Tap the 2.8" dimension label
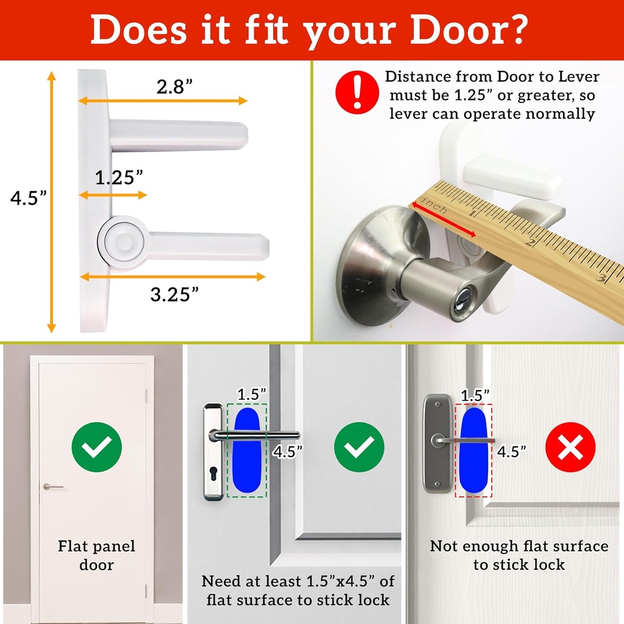(174, 87)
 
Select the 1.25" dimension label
(119, 177)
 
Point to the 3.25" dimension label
(174, 294)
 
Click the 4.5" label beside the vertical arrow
(28, 199)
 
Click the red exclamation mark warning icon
(356, 92)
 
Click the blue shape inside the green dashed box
(246, 450)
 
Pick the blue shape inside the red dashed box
(473, 450)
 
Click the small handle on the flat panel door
(53, 486)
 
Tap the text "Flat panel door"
(96, 555)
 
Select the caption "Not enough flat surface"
(519, 546)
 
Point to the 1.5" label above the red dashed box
(475, 394)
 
